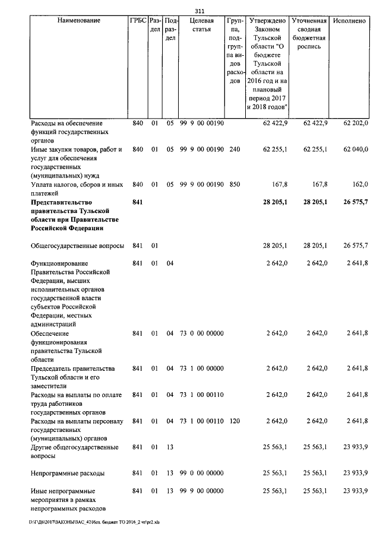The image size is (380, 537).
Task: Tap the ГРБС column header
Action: pyautogui.click(x=137, y=20)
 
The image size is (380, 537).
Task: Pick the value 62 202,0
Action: pyautogui.click(x=356, y=123)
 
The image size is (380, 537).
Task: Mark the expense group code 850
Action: pyautogui.click(x=234, y=185)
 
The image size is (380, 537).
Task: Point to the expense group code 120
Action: pyautogui.click(x=234, y=421)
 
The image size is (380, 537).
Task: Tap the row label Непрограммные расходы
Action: pyautogui.click(x=68, y=474)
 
